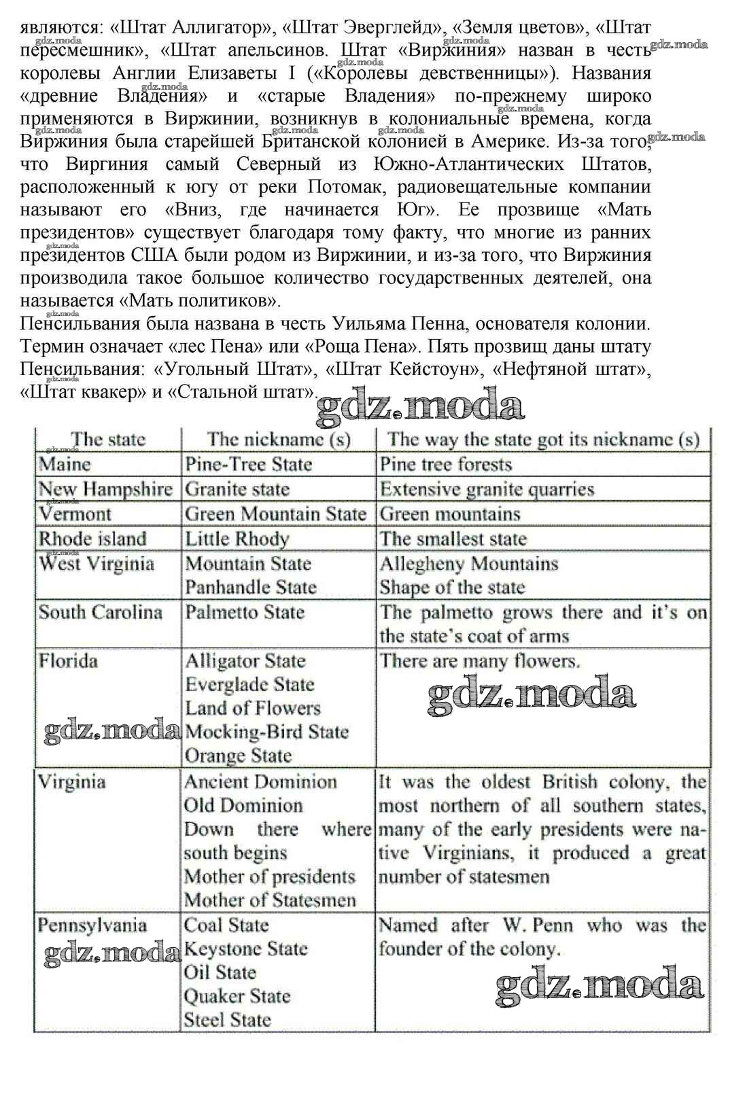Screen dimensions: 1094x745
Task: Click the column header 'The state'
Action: pyautogui.click(x=108, y=439)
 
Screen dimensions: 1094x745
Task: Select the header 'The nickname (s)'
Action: pyautogui.click(x=279, y=439)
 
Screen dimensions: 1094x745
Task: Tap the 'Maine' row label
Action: pyautogui.click(x=65, y=464)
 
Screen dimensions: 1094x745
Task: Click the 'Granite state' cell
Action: pyautogui.click(x=237, y=489)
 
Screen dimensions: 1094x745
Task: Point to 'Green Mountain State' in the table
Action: pyautogui.click(x=275, y=514)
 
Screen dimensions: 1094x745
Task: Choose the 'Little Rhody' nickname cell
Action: pyautogui.click(x=237, y=539)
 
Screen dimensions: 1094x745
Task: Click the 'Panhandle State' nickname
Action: pyautogui.click(x=251, y=587)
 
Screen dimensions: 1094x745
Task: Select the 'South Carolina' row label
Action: pyautogui.click(x=101, y=612)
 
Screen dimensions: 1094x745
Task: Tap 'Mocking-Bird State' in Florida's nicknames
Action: pyautogui.click(x=266, y=732)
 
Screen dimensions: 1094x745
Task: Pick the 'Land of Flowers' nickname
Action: pyautogui.click(x=252, y=708)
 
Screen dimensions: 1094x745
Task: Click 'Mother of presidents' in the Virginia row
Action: pyautogui.click(x=270, y=877)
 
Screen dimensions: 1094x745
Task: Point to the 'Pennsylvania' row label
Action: pyautogui.click(x=92, y=925)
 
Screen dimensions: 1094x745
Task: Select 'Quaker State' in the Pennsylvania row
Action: pyautogui.click(x=237, y=996)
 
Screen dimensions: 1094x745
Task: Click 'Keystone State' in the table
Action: pyautogui.click(x=246, y=949)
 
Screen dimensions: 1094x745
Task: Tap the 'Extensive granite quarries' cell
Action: pyautogui.click(x=487, y=489)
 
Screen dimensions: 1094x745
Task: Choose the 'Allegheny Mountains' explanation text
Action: pyautogui.click(x=469, y=563)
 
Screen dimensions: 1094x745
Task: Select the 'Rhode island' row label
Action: pyautogui.click(x=92, y=539)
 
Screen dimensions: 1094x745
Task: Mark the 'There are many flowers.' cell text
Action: pyautogui.click(x=479, y=660)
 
